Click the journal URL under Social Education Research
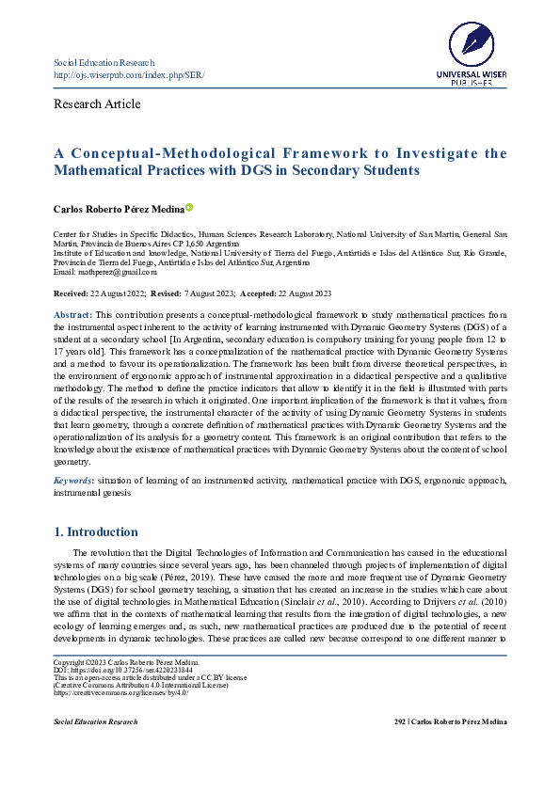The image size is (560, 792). click(129, 74)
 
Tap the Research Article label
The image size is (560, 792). click(98, 103)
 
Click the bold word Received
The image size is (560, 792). click(72, 294)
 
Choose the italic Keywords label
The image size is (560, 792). click(73, 481)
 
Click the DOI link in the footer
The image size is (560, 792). click(121, 670)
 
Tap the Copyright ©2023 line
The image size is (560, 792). click(122, 663)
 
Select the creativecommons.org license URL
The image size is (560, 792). click(120, 693)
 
